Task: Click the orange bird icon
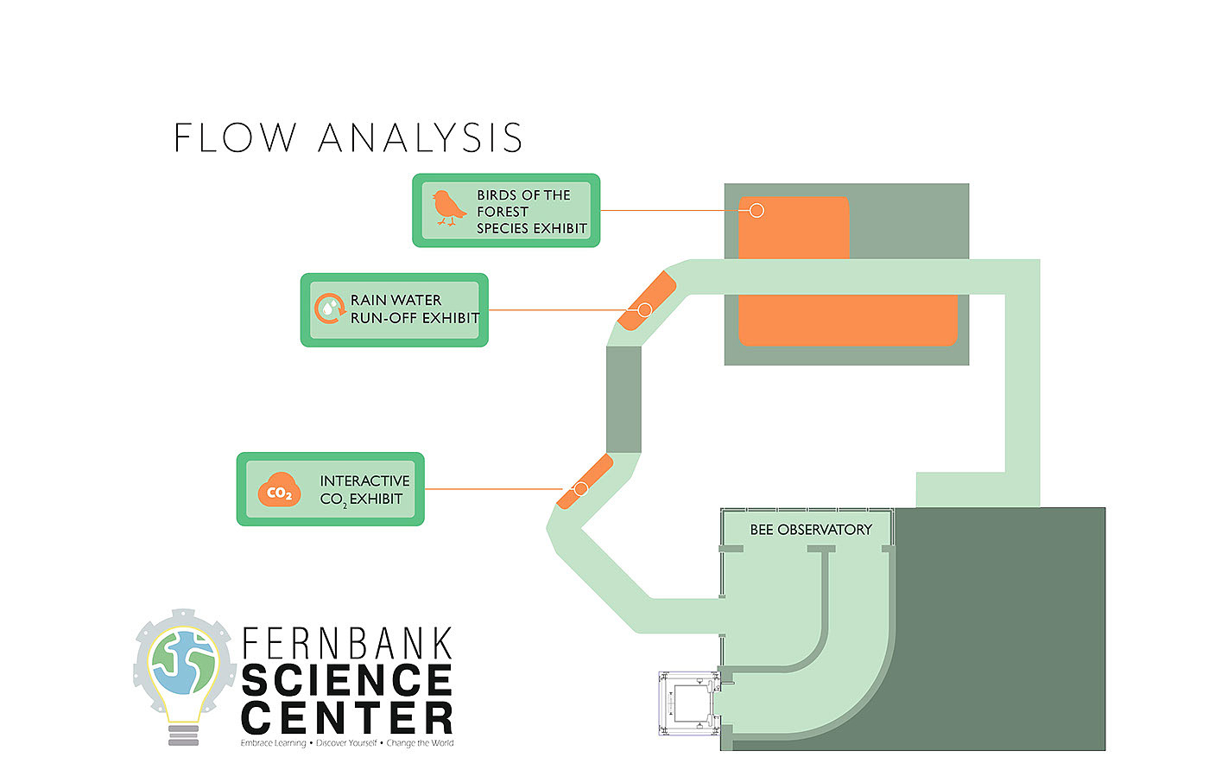coord(448,208)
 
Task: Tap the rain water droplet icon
coord(328,308)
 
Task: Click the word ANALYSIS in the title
coord(421,138)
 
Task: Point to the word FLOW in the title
coord(235,138)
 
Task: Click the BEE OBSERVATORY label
coord(810,530)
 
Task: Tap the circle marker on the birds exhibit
coord(756,210)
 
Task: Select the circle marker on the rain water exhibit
coord(644,309)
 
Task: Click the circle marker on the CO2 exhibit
coord(580,489)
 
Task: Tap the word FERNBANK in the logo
coord(347,644)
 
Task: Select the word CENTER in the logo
coord(347,718)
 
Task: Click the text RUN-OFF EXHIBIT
coord(415,318)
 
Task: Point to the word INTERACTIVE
coord(364,481)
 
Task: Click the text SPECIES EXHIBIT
coord(531,228)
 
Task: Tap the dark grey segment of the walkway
coord(623,399)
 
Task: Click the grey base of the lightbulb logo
coord(183,735)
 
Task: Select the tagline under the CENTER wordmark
coord(347,743)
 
